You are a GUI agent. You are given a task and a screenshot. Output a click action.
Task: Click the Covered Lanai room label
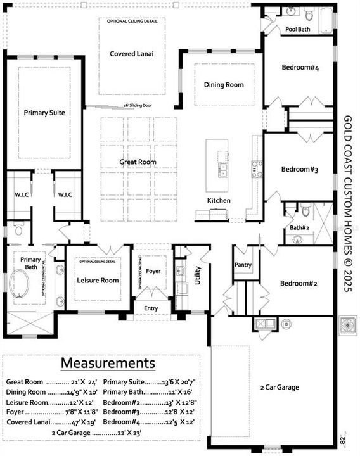[131, 54]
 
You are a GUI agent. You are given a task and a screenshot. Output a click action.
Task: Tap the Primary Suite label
[44, 113]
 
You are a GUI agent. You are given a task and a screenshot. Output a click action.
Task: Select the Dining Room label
[223, 85]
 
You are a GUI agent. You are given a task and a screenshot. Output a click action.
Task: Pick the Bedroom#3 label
[299, 169]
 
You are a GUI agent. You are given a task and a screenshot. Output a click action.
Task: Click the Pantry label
[243, 265]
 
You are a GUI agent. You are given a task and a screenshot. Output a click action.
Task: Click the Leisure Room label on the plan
[98, 280]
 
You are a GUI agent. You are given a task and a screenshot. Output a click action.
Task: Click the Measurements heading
[108, 364]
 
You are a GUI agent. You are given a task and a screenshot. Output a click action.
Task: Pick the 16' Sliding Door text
[137, 106]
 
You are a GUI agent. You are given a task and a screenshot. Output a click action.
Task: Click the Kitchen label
[219, 201]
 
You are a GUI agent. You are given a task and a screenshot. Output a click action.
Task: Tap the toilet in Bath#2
[304, 212]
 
